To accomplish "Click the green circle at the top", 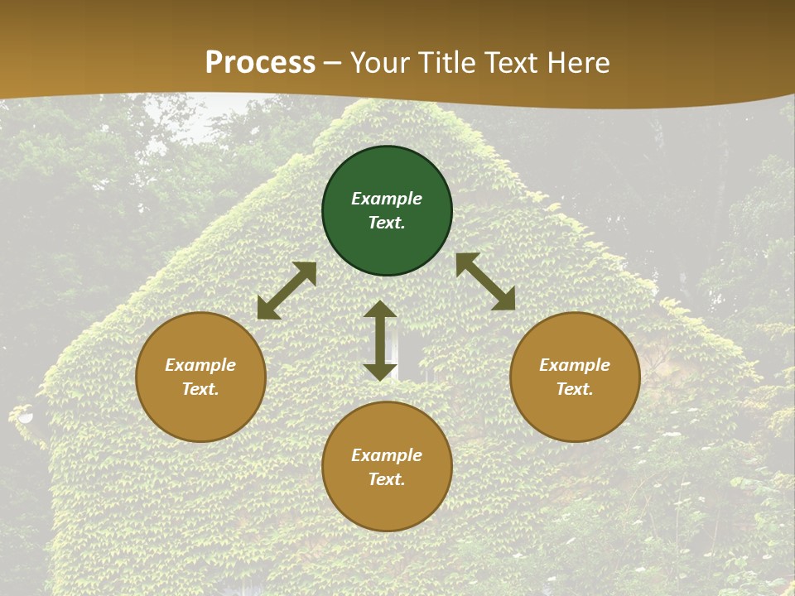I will [387, 211].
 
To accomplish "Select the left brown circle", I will [200, 377].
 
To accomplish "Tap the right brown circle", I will [575, 377].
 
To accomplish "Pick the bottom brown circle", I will [387, 467].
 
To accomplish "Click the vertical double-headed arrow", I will [380, 340].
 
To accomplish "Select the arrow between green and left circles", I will [287, 291].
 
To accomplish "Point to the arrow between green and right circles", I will [485, 281].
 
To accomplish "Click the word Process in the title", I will [260, 62].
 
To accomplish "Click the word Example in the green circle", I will [387, 199].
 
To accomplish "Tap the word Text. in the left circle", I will [200, 389].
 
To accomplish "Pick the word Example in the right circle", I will [575, 365].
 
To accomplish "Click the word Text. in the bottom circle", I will [387, 479].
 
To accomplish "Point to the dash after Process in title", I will [333, 64].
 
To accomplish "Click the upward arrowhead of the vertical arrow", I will [380, 310].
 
